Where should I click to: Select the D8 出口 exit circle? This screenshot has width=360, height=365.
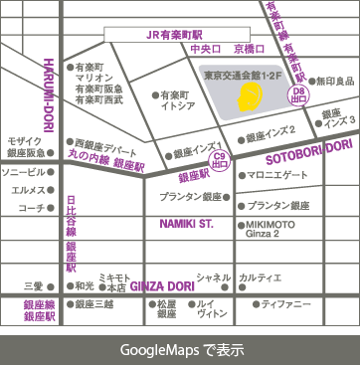point(296,95)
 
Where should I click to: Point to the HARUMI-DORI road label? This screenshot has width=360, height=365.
point(47,90)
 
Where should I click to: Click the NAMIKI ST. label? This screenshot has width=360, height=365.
point(186,225)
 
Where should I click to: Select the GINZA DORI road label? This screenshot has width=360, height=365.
point(160,282)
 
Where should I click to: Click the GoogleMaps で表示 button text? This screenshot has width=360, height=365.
point(181,350)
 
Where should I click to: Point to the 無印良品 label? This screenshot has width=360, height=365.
point(334,81)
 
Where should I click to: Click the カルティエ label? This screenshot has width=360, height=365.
point(261,277)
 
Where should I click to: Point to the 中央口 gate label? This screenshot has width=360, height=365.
point(205,48)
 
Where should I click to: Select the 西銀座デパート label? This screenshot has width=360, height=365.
point(103,144)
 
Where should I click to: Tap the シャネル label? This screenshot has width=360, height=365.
point(213,277)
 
